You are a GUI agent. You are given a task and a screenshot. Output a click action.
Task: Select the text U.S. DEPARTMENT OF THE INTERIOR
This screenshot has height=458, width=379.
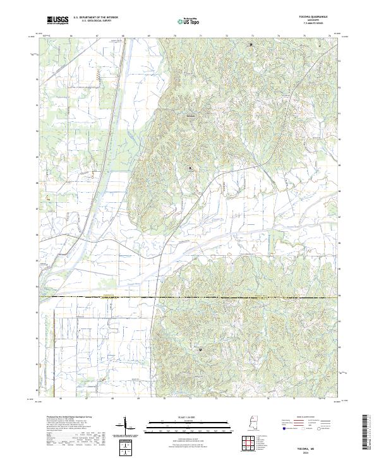pos(95,18)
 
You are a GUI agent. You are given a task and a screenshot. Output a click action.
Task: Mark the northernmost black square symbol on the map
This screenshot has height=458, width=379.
pos(251,45)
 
